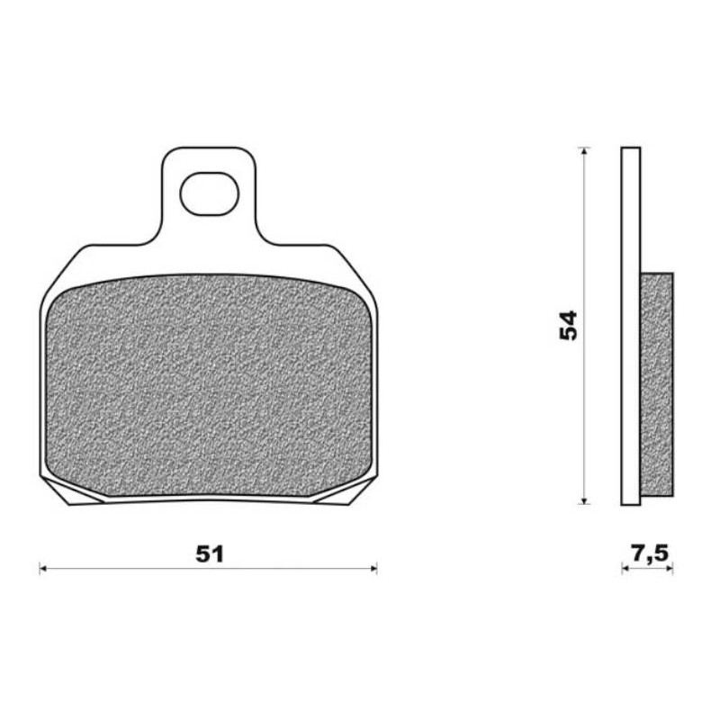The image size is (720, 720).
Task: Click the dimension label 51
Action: (x=210, y=554)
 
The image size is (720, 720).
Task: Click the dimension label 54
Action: (x=568, y=326)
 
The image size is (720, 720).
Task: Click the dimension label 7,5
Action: (x=649, y=553)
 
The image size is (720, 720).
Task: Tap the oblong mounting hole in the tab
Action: (x=210, y=193)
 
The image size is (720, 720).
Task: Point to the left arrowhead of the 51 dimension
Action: (x=42, y=569)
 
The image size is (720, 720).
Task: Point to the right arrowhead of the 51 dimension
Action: (x=373, y=569)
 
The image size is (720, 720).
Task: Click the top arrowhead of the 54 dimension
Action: (x=583, y=151)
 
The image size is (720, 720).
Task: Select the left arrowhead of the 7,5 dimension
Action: (x=625, y=569)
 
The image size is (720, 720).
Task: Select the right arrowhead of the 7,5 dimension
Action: (x=670, y=569)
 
